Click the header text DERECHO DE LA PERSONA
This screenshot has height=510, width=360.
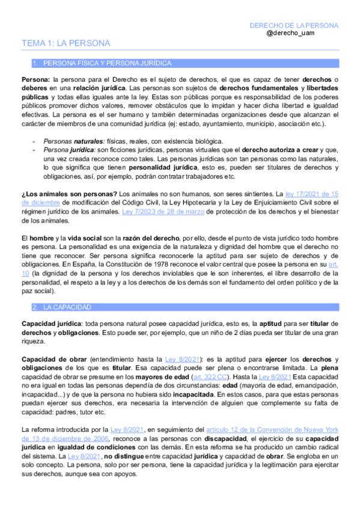294,26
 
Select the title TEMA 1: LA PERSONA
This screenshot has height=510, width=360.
66,43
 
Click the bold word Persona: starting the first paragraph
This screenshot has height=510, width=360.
35,79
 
